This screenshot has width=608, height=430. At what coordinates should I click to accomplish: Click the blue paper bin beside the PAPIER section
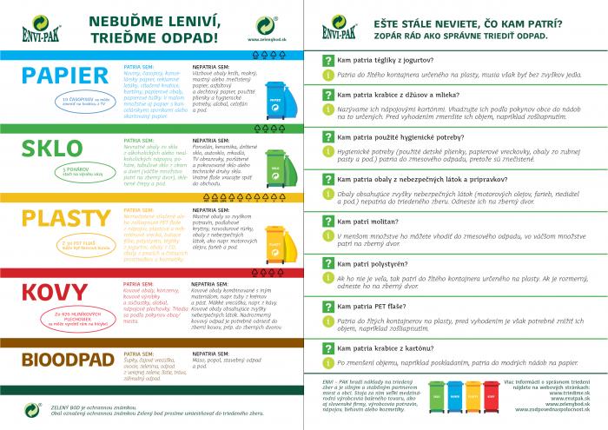[274, 97]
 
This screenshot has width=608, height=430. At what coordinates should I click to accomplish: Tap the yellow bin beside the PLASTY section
[274, 234]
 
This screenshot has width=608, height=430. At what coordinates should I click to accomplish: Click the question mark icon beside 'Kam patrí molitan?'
[327, 222]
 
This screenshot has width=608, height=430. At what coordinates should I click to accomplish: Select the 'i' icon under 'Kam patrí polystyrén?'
[327, 276]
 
